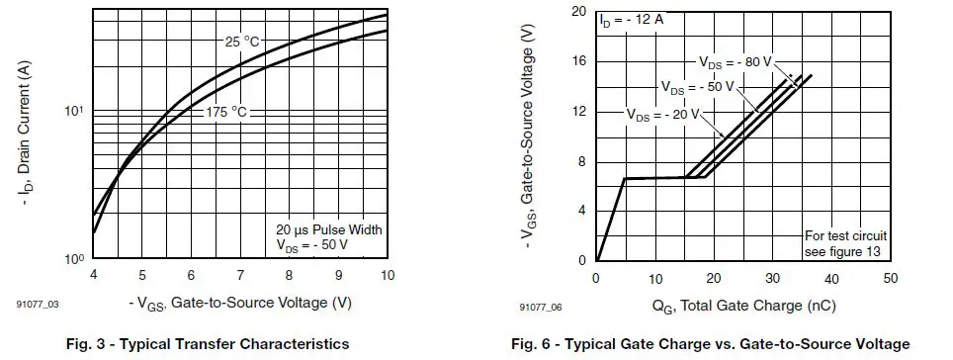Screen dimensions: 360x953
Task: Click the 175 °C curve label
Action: click(x=226, y=112)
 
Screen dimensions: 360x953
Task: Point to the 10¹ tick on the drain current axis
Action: click(x=73, y=111)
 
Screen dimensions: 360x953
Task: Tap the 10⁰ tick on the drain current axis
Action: click(x=73, y=259)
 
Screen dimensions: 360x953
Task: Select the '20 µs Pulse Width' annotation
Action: click(x=328, y=229)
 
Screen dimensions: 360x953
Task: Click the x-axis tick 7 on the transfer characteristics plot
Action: click(x=240, y=274)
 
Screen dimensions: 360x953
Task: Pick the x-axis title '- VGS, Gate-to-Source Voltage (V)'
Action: click(x=240, y=301)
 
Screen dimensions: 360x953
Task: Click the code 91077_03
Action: click(x=37, y=308)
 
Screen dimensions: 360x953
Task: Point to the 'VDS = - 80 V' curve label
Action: click(x=736, y=61)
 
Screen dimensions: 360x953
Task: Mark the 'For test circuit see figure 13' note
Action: click(x=844, y=243)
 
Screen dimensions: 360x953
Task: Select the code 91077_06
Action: click(x=540, y=308)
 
